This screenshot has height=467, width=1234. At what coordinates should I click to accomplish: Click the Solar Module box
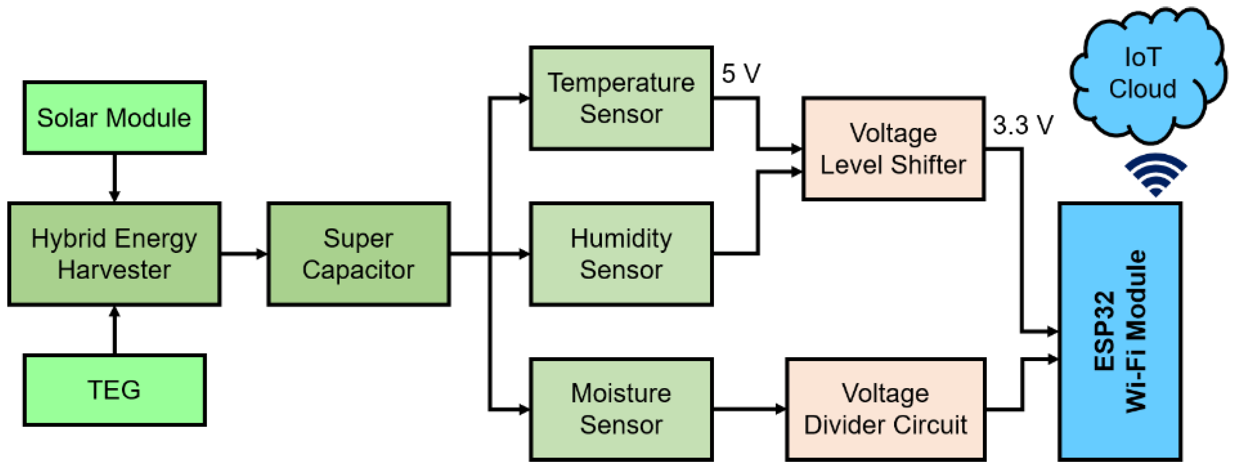click(x=115, y=118)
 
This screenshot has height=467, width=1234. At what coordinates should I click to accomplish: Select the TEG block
click(x=115, y=390)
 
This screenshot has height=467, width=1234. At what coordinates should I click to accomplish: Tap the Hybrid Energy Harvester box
click(x=115, y=254)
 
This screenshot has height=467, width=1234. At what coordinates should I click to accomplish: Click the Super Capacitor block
click(x=358, y=254)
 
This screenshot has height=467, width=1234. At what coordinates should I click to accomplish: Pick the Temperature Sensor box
click(x=621, y=99)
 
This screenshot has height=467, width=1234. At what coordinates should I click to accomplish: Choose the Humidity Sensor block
click(x=621, y=254)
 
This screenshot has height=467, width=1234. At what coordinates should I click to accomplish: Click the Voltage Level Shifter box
click(x=894, y=149)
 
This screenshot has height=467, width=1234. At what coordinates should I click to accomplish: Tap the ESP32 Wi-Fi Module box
click(x=1120, y=331)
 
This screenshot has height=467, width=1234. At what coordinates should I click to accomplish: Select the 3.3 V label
click(x=1023, y=125)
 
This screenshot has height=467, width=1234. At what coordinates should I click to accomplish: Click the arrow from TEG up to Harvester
click(x=115, y=330)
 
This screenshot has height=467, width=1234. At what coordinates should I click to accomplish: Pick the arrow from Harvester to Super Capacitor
click(x=244, y=254)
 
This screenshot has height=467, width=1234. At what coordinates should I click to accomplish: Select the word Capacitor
click(x=358, y=270)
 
